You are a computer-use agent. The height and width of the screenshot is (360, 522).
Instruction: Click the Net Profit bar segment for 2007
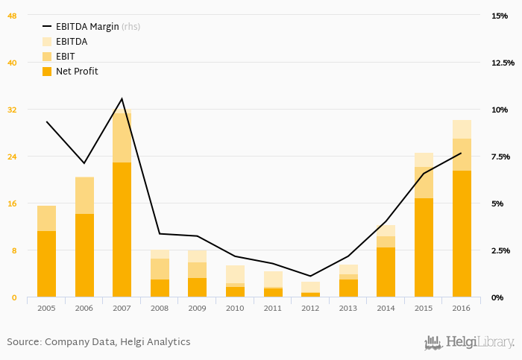click(122, 230)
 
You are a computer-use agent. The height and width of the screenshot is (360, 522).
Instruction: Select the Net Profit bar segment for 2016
click(462, 234)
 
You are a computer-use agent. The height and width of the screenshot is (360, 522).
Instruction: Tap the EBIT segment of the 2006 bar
click(84, 195)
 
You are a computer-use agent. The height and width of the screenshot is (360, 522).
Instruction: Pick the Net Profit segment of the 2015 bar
click(424, 247)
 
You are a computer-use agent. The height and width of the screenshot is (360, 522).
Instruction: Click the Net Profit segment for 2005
click(46, 264)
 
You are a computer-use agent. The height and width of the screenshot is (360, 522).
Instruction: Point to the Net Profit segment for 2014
click(386, 272)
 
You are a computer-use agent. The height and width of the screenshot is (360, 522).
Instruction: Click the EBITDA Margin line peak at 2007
click(122, 98)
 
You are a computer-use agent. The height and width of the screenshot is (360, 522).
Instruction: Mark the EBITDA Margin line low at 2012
click(310, 277)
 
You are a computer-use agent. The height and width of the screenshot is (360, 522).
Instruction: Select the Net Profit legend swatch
click(47, 72)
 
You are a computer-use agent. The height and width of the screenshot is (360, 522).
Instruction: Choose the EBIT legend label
click(65, 57)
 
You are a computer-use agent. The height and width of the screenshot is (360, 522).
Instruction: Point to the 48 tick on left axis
click(12, 16)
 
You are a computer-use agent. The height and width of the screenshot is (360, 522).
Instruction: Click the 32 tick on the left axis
click(12, 110)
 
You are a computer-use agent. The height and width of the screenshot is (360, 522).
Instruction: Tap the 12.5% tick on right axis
click(503, 63)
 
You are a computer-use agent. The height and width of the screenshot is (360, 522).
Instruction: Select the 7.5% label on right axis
click(500, 157)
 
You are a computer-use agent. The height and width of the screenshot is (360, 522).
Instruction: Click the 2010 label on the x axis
click(235, 308)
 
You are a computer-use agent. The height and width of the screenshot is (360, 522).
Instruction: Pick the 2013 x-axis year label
click(348, 308)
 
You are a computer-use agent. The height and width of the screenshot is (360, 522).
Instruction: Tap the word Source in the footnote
click(23, 342)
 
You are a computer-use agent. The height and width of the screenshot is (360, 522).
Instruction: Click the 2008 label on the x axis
click(160, 308)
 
